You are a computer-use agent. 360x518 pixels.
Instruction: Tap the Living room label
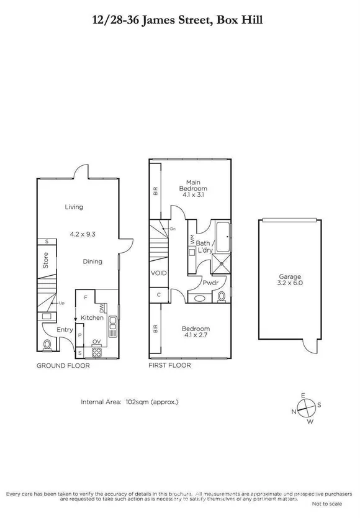click(x=74, y=207)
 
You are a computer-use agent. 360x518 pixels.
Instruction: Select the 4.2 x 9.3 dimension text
click(x=82, y=234)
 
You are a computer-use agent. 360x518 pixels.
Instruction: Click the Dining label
click(x=92, y=261)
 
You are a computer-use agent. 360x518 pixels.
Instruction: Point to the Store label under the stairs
click(x=45, y=260)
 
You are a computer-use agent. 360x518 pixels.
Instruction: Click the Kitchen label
click(x=92, y=317)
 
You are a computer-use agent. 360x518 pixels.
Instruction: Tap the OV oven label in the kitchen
click(x=96, y=342)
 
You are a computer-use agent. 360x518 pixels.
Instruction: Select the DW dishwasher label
click(x=101, y=308)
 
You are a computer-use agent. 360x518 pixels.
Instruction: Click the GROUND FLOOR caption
click(x=63, y=366)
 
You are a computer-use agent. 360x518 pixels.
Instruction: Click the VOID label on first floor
click(x=157, y=273)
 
